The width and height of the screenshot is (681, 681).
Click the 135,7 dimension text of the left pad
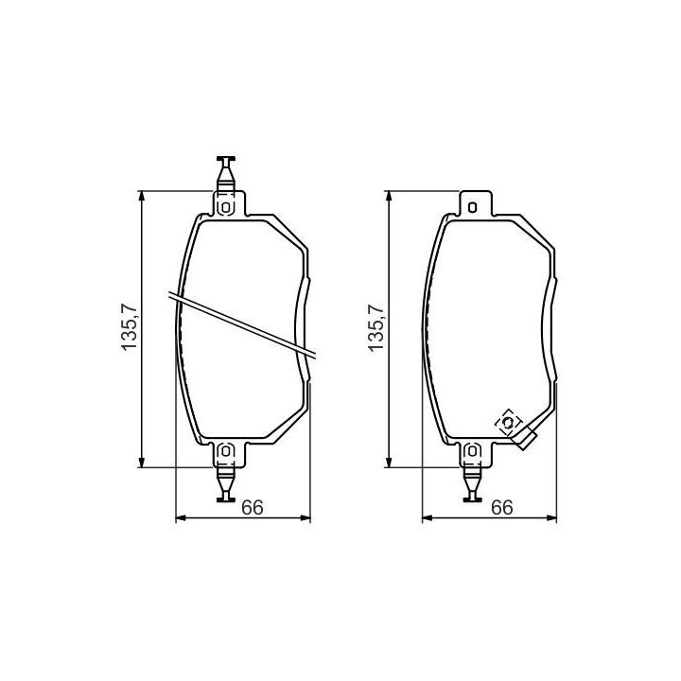coord(130,327)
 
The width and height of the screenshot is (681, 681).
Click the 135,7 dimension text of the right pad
coord(376,327)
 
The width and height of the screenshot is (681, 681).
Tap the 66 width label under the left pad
coord(253,507)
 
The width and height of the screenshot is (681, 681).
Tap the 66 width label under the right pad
coord(502,507)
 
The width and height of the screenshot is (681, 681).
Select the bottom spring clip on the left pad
coord(226,482)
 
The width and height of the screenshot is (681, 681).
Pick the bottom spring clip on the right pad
coord(473,482)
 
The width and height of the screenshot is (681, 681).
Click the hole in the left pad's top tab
coord(226,207)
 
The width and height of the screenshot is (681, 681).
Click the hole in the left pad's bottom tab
coord(226,451)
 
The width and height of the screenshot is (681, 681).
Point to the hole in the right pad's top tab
coord(473,207)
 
